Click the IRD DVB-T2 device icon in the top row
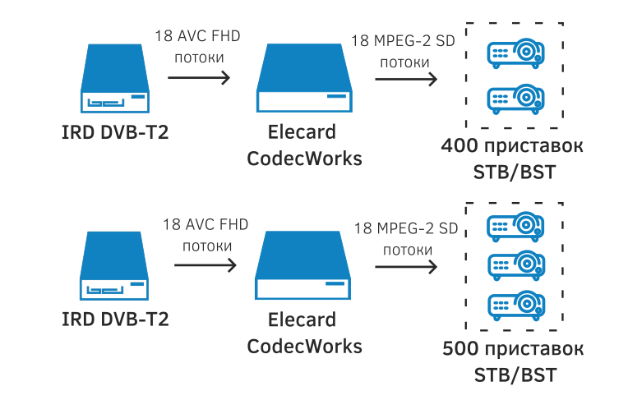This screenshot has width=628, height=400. (115, 80)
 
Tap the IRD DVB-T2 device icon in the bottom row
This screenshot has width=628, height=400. (115, 268)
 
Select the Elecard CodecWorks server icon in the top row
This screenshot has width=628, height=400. (304, 80)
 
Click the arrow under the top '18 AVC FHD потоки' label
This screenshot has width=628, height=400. (198, 79)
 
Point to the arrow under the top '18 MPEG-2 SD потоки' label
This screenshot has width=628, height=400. (405, 80)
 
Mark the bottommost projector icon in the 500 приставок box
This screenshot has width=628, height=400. (515, 305)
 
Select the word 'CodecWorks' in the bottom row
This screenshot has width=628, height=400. (304, 345)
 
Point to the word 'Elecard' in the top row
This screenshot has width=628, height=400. (303, 133)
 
